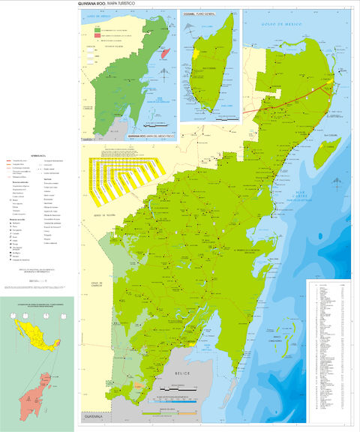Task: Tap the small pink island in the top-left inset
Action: click(166, 55)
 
